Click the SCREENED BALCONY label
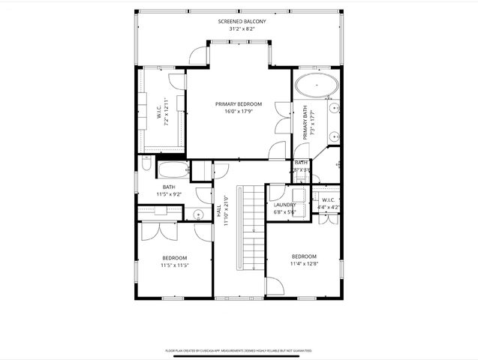pyautogui.click(x=242, y=22)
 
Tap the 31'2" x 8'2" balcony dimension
pyautogui.click(x=242, y=30)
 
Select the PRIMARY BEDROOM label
pyautogui.click(x=239, y=103)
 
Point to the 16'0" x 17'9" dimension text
pyautogui.click(x=239, y=112)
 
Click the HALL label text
pyautogui.click(x=218, y=211)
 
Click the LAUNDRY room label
pyautogui.click(x=284, y=205)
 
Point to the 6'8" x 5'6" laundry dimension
pyautogui.click(x=284, y=212)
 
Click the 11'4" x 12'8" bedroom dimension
pyautogui.click(x=304, y=263)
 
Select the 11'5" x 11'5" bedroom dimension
pyautogui.click(x=173, y=265)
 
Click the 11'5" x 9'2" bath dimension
pyautogui.click(x=169, y=194)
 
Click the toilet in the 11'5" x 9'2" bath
pyautogui.click(x=148, y=165)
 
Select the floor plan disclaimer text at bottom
pyautogui.click(x=239, y=350)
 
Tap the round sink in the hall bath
pyautogui.click(x=198, y=215)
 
